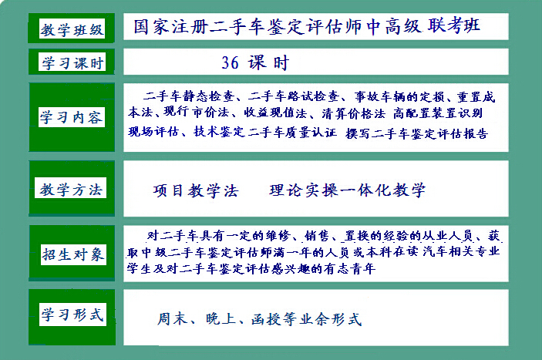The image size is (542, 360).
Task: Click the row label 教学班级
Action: coord(72,30)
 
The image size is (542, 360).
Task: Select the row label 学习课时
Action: coord(72,63)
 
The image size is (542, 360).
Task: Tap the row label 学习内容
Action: coord(71,117)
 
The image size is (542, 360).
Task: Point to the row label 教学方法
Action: coord(71,190)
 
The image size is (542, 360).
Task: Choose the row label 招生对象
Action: coord(73,254)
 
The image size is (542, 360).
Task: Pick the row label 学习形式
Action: coord(72,315)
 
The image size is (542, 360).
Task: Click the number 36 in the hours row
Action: coord(230,63)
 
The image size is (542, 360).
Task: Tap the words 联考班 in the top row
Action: coord(454,25)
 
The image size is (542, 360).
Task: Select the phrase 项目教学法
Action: coord(196,190)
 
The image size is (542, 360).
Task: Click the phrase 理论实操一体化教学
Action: coord(348,190)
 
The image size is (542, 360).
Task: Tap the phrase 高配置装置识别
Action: coord(438,113)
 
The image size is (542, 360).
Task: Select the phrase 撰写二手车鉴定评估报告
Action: coord(417,133)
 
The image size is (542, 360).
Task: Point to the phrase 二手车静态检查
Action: coord(189,96)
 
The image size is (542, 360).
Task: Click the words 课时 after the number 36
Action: coord(268,63)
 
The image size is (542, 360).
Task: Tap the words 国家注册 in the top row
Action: coord(171,26)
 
